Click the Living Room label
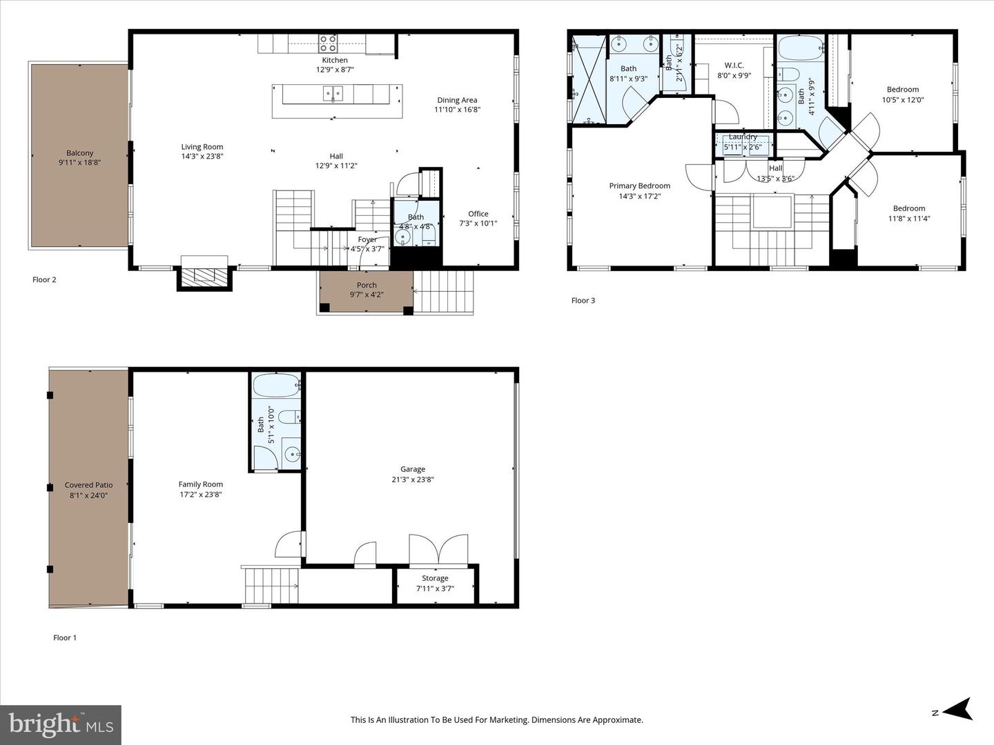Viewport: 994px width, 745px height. [202, 146]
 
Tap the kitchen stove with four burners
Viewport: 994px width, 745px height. [327, 44]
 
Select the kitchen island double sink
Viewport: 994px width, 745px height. [333, 94]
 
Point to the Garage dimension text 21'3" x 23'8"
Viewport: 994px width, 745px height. [413, 479]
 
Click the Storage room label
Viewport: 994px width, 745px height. [435, 578]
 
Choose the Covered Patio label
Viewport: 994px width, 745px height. [88, 485]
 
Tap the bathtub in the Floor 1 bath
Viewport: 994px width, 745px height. [276, 385]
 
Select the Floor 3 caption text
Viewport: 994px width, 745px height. [583, 300]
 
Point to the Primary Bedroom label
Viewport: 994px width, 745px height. [639, 186]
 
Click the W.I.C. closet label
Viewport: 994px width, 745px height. [734, 66]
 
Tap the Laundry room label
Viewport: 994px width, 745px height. [743, 137]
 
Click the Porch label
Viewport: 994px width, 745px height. [367, 285]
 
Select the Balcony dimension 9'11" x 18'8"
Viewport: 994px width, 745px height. [79, 162]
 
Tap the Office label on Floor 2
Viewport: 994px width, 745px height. [478, 214]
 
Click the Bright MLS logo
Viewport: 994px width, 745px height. [61, 724]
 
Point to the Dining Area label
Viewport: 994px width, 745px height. [457, 100]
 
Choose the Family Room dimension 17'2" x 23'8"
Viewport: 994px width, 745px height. [201, 495]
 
